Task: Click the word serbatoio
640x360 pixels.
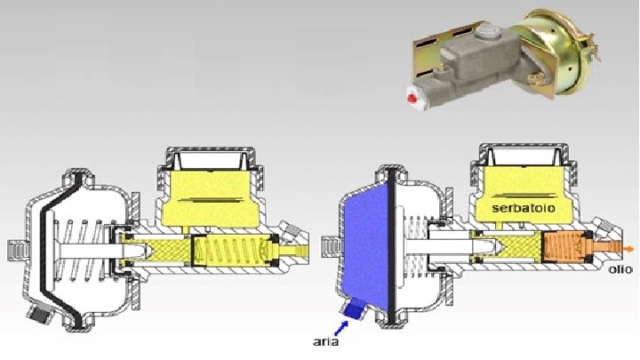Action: tap(524, 208)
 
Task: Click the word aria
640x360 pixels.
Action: tap(325, 341)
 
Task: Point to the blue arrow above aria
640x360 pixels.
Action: tap(342, 327)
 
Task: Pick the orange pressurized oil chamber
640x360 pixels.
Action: tap(566, 247)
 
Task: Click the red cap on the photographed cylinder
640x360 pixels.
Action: tap(412, 99)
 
